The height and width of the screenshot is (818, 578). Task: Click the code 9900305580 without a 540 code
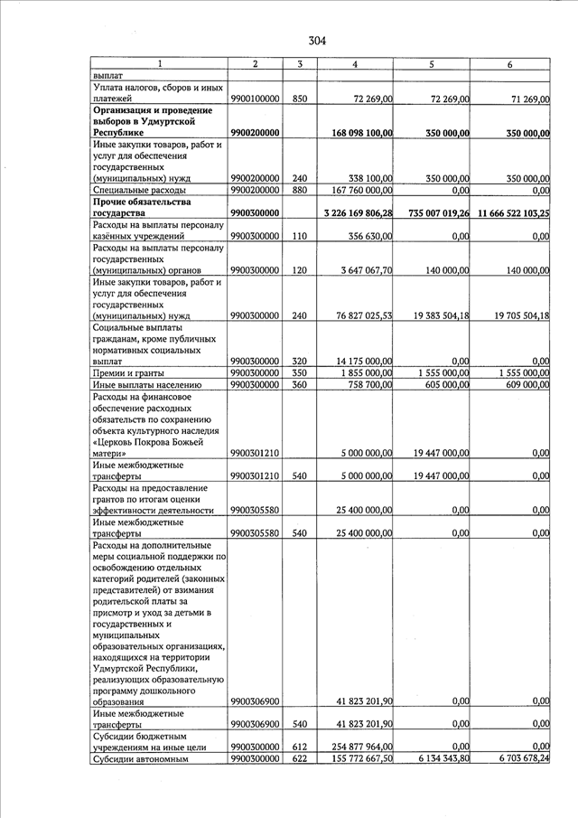255,510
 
